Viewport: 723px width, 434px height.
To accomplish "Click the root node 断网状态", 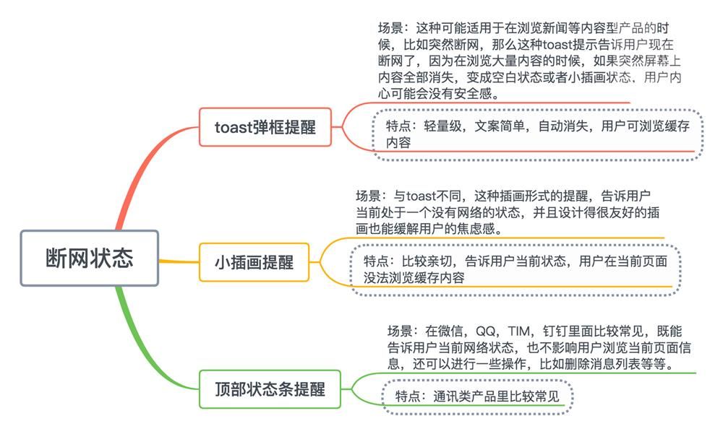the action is pos(90,258).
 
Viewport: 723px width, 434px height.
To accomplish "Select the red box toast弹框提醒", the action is pos(265,127).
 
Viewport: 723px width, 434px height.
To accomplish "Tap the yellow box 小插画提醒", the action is pos(254,262).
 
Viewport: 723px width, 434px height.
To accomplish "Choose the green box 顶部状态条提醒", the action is pos(270,389).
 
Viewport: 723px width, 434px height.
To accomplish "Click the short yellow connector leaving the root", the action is pos(179,261).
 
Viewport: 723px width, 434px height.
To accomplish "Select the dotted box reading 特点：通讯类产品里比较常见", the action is pos(477,396).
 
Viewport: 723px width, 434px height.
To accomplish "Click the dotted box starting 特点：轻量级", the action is pos(538,134).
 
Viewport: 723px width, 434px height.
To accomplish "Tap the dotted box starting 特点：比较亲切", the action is pos(515,269).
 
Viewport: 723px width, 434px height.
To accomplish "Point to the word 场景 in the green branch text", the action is pos(400,331).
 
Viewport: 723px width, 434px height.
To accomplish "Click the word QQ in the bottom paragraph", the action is pos(485,331).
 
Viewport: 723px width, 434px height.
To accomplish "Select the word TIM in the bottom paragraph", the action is pos(518,331).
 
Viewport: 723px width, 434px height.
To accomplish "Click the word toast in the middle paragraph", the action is pos(422,196).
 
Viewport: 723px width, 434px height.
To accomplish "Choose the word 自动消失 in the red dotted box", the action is pos(563,126).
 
